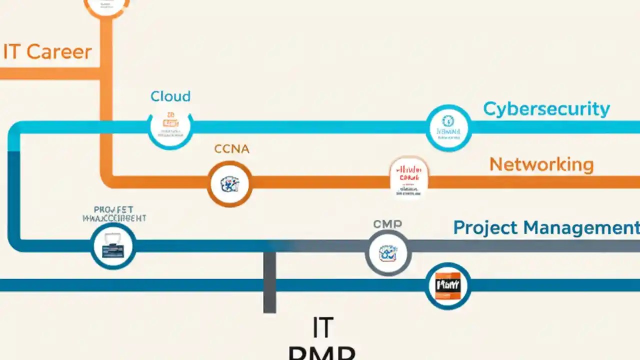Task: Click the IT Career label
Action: [x=47, y=52]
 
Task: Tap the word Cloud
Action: [x=170, y=96]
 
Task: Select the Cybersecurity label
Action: [x=546, y=109]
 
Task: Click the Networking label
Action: [x=541, y=164]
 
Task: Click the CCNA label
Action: [x=231, y=148]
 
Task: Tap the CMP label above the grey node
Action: [x=387, y=224]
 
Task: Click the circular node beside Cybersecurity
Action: [x=448, y=127]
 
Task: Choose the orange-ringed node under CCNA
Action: [x=229, y=183]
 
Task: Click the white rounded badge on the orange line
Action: [x=409, y=177]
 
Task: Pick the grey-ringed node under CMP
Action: [x=388, y=253]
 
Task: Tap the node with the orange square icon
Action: [x=447, y=286]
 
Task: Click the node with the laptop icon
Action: [x=113, y=246]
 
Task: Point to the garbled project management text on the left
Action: [x=114, y=214]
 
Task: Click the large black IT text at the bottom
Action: [x=322, y=328]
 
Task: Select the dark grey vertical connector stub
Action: [x=269, y=282]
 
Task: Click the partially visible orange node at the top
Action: [x=106, y=6]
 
